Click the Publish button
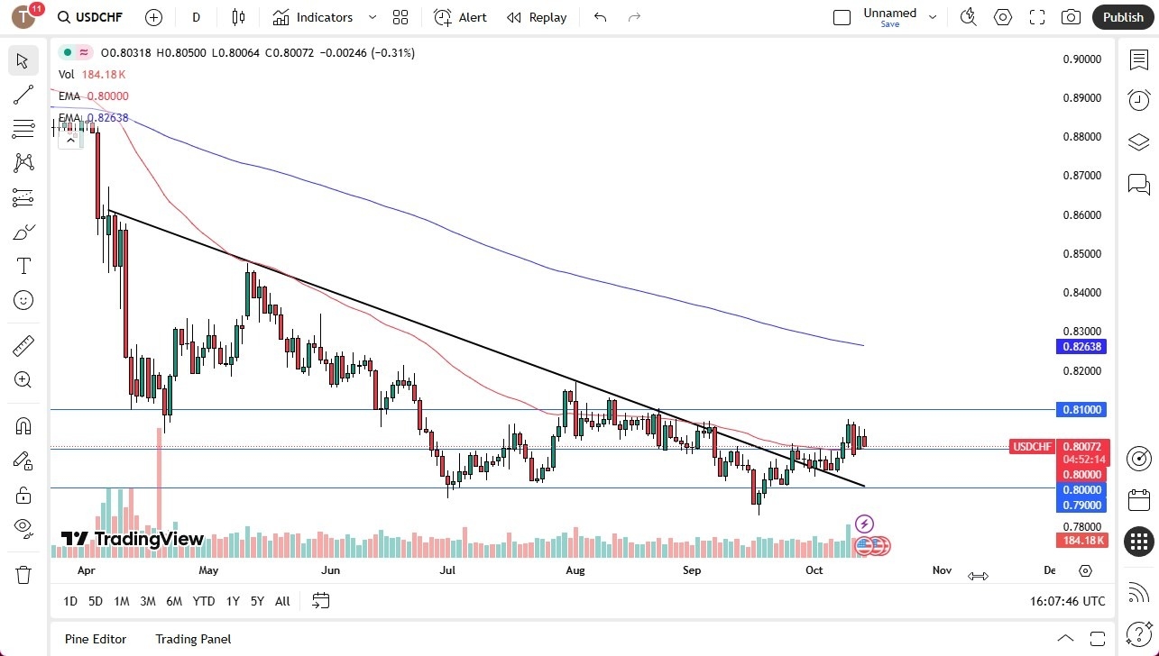1122,17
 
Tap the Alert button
460,17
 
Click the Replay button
537,17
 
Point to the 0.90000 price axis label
1082,59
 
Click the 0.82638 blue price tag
1082,347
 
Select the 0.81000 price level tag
1082,410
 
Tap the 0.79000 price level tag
1082,506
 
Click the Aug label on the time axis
575,570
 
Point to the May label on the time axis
208,570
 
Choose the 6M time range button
174,601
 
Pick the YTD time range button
204,601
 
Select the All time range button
282,601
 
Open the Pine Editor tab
96,639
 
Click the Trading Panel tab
193,639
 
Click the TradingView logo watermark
133,539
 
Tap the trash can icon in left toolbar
23,575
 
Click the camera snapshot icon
1071,17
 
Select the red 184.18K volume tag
1082,540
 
